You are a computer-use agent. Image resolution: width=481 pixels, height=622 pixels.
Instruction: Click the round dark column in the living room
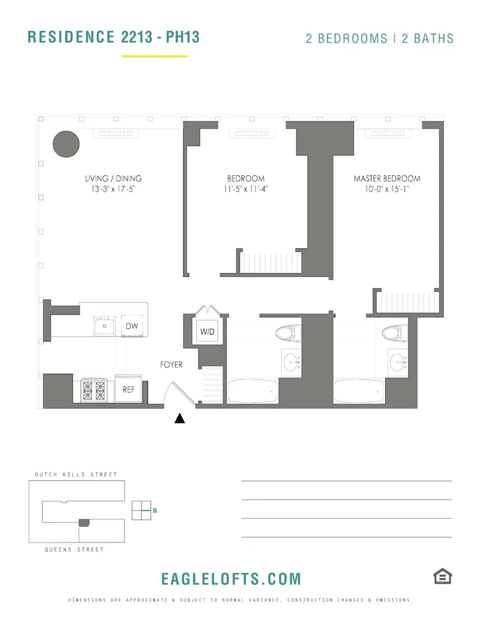tap(66, 144)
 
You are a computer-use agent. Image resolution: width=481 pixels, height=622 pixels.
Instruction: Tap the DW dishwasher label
tap(132, 326)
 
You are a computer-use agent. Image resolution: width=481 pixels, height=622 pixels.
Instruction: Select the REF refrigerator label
tap(129, 390)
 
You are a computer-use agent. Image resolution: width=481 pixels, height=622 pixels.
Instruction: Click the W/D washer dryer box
tap(207, 332)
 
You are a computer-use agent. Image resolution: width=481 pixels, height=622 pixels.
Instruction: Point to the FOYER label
tap(171, 364)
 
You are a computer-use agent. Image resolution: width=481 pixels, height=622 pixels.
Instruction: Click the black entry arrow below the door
tap(180, 419)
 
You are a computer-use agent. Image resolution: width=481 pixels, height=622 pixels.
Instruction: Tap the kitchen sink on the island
tap(105, 325)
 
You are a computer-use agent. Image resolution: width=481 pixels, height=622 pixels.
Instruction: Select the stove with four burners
tap(94, 391)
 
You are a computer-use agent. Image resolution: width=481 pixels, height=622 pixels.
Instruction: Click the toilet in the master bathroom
tap(393, 333)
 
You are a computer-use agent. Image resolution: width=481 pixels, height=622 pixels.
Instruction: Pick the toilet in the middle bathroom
tap(287, 333)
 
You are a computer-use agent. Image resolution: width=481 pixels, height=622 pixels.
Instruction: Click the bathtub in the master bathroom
tap(360, 391)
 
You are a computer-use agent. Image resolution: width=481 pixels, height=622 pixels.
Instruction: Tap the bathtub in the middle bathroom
tap(253, 391)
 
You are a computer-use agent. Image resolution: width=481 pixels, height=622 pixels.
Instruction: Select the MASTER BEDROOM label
tap(387, 179)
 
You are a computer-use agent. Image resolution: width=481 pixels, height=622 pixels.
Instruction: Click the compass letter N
tap(155, 511)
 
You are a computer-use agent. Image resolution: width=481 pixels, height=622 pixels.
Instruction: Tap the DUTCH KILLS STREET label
tap(76, 475)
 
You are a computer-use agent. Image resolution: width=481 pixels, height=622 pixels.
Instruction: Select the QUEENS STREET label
tap(75, 550)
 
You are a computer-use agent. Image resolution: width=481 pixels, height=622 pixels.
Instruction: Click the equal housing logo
tap(442, 577)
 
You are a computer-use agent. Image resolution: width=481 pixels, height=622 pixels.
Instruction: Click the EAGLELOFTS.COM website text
tap(231, 578)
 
